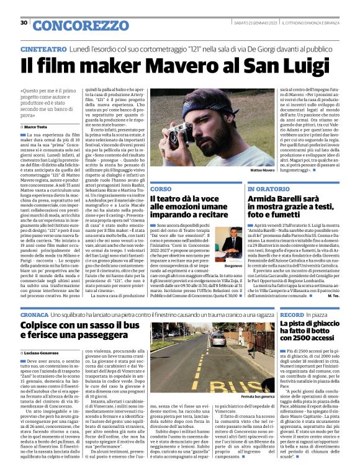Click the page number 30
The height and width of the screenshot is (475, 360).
coord(24,23)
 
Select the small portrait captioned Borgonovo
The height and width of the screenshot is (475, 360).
coord(232,239)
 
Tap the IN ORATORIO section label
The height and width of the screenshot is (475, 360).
coord(268,188)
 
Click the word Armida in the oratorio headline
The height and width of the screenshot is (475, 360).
coord(264,198)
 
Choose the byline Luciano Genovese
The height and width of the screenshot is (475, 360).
coord(43,352)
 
